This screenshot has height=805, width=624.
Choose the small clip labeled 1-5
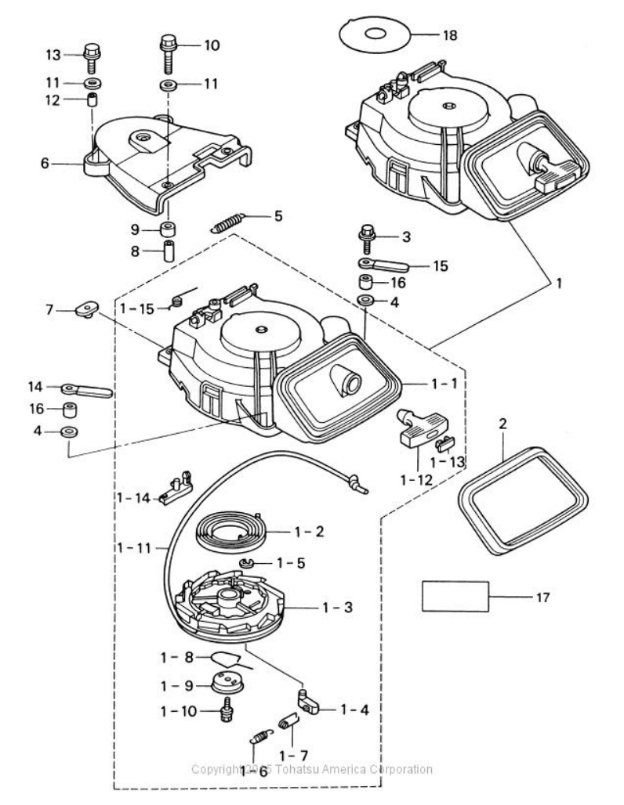245,561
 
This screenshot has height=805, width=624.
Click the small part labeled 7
85,312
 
